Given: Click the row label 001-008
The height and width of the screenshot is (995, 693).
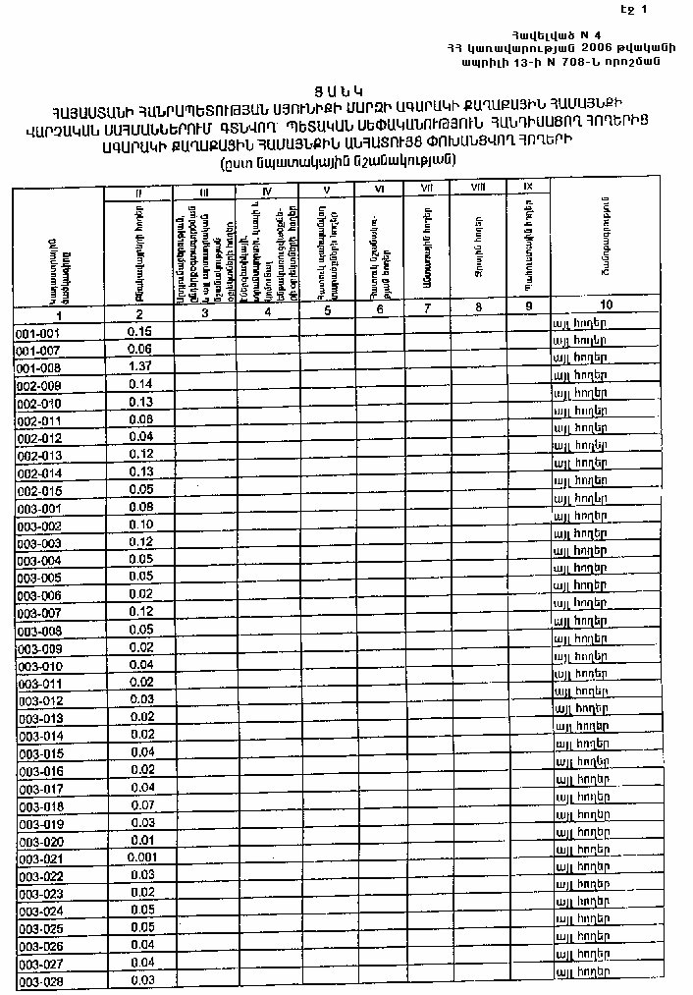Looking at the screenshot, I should pyautogui.click(x=39, y=367).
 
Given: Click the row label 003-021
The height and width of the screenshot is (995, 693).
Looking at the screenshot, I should pyautogui.click(x=40, y=859).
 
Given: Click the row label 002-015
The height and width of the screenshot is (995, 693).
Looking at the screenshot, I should pyautogui.click(x=39, y=490).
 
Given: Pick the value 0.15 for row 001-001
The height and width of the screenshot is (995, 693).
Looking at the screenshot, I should pyautogui.click(x=139, y=331).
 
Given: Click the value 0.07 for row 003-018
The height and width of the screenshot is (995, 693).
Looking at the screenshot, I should pyautogui.click(x=141, y=805).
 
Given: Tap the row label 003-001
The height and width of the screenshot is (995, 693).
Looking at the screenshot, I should pyautogui.click(x=39, y=508).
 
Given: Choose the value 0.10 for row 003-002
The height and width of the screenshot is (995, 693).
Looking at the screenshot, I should pyautogui.click(x=140, y=525).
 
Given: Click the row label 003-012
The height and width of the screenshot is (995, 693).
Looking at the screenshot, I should pyautogui.click(x=40, y=701).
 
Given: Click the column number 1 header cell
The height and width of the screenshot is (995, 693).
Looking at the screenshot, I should pyautogui.click(x=59, y=316).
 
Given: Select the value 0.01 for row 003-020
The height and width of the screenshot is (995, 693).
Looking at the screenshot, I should pyautogui.click(x=141, y=841).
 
